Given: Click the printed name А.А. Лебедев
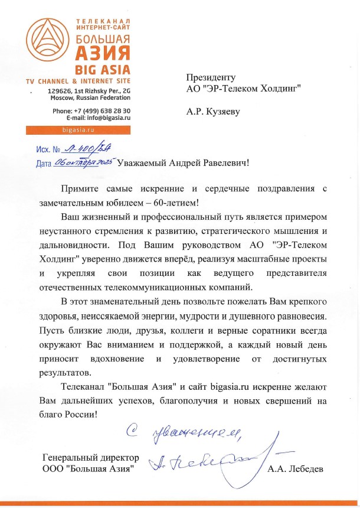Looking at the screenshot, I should point(296,469).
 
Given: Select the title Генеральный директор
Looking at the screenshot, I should point(91,458).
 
